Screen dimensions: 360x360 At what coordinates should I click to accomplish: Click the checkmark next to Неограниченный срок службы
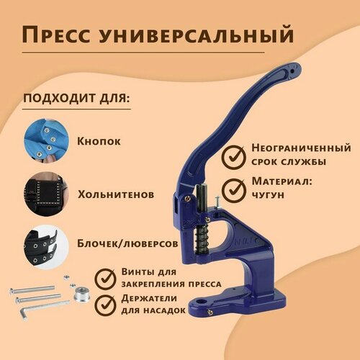click(x=231, y=155)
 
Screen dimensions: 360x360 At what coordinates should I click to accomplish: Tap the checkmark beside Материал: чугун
click(x=232, y=191)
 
